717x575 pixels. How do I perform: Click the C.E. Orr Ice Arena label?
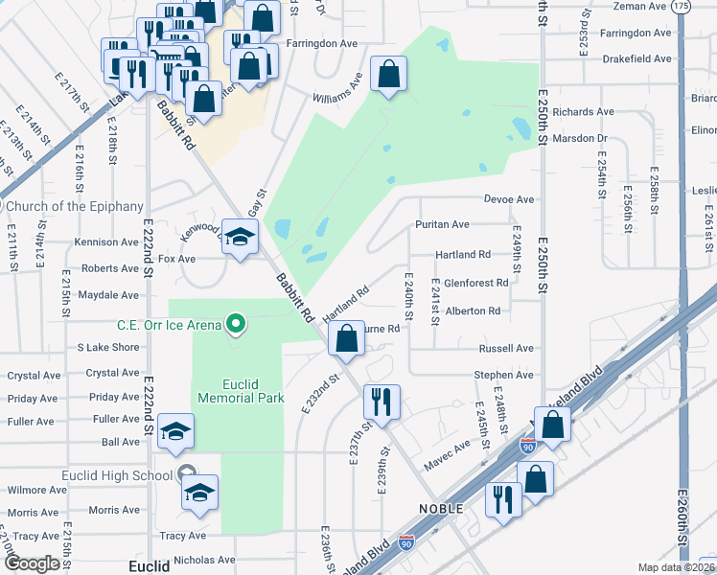coord(169,325)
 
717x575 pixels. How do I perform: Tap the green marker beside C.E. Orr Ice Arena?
coord(233,325)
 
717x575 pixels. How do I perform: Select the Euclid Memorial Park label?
coord(240,390)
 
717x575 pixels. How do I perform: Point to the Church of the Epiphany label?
coord(74,206)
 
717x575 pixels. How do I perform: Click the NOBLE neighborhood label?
coord(441,508)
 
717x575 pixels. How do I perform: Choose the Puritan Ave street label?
coord(442,224)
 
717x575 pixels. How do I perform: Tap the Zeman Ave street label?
coord(639,7)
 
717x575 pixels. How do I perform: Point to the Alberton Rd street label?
coord(473,310)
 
